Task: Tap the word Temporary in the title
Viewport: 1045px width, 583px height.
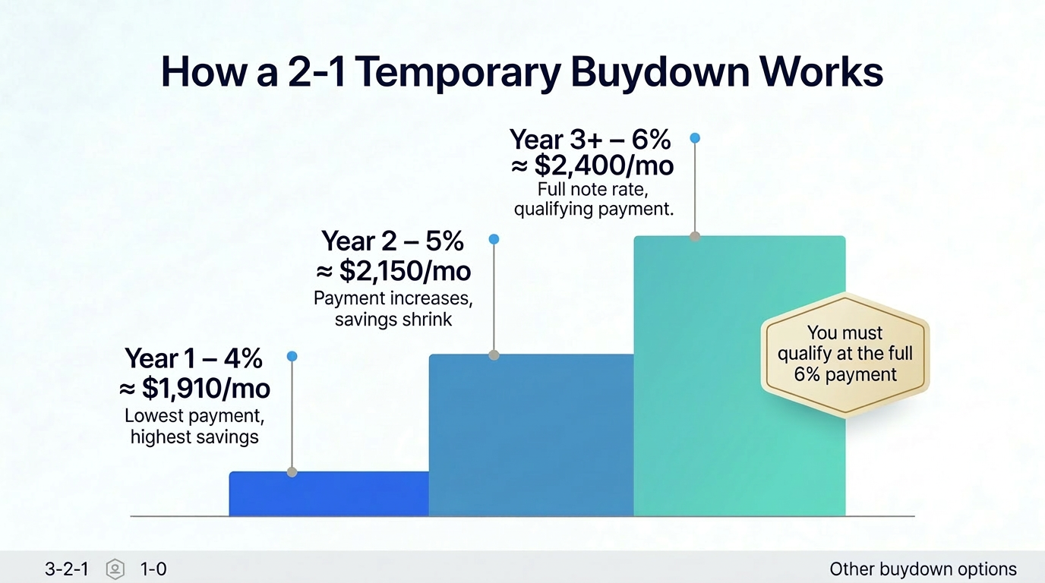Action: pos(458,72)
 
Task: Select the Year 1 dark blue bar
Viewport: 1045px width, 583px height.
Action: pos(329,494)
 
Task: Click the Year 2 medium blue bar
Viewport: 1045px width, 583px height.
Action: pos(531,435)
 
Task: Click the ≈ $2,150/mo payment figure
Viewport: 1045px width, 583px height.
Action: pos(393,271)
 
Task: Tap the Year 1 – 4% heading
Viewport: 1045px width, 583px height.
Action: pos(194,358)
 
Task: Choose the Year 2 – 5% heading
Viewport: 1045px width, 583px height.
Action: pos(393,241)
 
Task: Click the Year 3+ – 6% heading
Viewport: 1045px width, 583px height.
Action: pos(590,140)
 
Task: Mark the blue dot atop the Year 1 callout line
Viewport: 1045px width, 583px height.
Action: pos(292,356)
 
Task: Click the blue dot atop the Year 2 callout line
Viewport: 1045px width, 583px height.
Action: pos(494,239)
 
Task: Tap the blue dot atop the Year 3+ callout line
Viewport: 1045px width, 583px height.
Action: pos(694,138)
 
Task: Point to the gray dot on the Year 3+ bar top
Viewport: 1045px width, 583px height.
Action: pos(694,236)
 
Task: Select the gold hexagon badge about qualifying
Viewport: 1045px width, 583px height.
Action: pos(845,354)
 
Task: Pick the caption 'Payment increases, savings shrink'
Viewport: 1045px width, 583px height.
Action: pos(393,309)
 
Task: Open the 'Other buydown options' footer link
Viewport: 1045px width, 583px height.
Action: pos(923,569)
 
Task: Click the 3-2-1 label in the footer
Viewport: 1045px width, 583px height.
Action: pos(67,569)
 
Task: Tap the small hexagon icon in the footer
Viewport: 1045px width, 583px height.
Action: pos(115,569)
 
